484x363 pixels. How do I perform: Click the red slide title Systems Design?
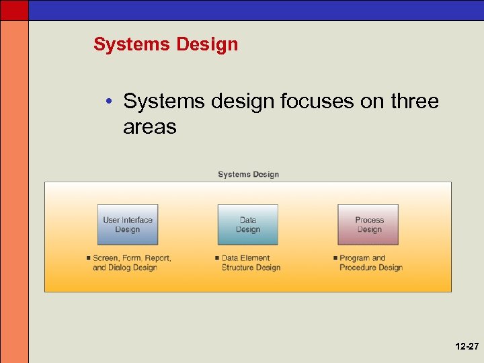pyautogui.click(x=165, y=44)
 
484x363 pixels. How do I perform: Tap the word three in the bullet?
pyautogui.click(x=412, y=102)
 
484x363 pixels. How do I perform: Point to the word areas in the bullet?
pyautogui.click(x=149, y=126)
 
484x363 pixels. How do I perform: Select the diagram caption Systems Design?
pyautogui.click(x=248, y=174)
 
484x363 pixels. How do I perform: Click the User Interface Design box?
pyautogui.click(x=128, y=225)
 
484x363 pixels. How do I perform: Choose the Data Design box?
pyautogui.click(x=247, y=225)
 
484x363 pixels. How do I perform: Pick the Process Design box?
pyautogui.click(x=368, y=225)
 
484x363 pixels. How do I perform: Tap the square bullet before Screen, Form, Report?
pyautogui.click(x=88, y=258)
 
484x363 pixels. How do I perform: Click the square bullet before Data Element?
pyautogui.click(x=217, y=258)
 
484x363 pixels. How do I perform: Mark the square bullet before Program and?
pyautogui.click(x=335, y=258)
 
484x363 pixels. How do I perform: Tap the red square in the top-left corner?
pyautogui.click(x=14, y=9)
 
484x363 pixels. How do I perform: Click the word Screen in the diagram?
pyautogui.click(x=106, y=258)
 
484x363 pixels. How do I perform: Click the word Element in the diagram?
pyautogui.click(x=256, y=258)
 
